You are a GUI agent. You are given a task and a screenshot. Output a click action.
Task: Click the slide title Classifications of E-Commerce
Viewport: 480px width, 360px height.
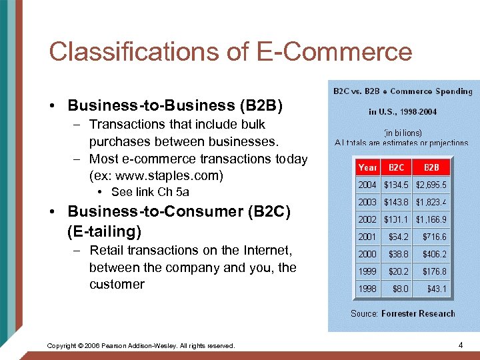(231, 51)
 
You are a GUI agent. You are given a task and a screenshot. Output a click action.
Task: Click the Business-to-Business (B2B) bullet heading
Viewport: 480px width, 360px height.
(175, 105)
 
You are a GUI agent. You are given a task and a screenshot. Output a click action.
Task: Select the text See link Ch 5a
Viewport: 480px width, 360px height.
(151, 192)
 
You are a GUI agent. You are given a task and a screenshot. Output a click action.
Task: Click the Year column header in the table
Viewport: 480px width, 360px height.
(367, 167)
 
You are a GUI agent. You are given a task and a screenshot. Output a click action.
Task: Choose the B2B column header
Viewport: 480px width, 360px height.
(431, 167)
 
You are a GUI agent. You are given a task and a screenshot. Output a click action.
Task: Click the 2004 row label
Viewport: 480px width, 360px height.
(367, 185)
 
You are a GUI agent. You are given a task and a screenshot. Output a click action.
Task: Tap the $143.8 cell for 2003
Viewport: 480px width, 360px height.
(397, 202)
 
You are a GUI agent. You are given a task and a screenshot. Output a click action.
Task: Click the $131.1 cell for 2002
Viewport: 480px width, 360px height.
(397, 219)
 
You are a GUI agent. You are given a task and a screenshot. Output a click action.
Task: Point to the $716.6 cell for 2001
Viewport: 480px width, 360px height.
(434, 237)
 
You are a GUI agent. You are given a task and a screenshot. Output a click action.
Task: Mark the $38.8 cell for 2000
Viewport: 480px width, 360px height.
(399, 254)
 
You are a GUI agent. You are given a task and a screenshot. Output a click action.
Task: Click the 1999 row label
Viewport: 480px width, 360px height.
(367, 271)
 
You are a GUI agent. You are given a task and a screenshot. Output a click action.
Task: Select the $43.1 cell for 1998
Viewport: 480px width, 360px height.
(437, 289)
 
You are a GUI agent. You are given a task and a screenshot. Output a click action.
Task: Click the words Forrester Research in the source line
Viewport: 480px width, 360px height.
(418, 313)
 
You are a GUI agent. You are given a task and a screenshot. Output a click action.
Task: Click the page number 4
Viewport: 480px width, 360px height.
(461, 345)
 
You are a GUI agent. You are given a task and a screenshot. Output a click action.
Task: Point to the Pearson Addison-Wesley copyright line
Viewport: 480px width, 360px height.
(141, 345)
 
